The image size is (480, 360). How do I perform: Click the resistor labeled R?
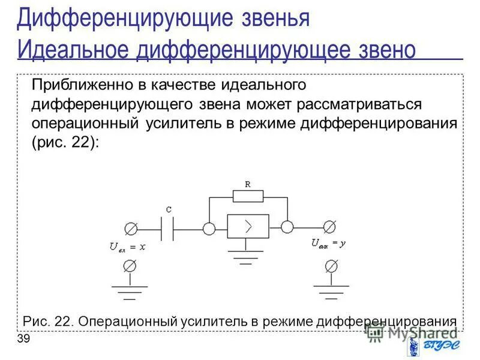[248, 196]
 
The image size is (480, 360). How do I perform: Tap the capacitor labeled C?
[169, 229]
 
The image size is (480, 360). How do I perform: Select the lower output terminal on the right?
[329, 265]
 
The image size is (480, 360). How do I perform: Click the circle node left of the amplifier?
[209, 229]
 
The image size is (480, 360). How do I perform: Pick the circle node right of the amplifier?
[287, 227]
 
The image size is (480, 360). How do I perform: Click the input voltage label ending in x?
[127, 246]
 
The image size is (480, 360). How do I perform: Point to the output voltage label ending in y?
[329, 244]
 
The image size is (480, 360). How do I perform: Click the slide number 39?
[23, 340]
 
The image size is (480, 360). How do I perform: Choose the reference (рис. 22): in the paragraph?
[65, 143]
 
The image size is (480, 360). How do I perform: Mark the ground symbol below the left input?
[129, 290]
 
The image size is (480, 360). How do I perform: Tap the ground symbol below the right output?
[329, 290]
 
